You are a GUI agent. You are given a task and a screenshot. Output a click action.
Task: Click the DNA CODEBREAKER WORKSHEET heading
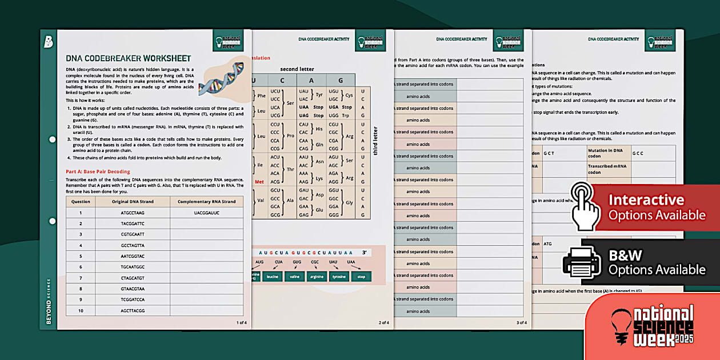click(128, 58)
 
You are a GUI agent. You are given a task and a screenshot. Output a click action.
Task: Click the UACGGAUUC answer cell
click(206, 213)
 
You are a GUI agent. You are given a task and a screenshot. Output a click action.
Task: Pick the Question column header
click(81, 202)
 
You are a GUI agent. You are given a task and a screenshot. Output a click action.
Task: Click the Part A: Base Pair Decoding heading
click(98, 171)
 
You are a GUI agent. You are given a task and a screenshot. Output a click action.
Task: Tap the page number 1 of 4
click(241, 323)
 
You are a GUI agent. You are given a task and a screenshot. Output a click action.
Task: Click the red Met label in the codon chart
click(259, 182)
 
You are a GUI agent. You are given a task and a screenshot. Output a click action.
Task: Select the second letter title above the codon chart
click(297, 69)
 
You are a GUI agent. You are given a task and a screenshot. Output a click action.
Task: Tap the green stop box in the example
click(361, 277)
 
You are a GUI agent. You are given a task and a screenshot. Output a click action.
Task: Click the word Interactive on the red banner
click(646, 200)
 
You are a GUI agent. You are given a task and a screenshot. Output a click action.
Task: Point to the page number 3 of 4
click(521, 323)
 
